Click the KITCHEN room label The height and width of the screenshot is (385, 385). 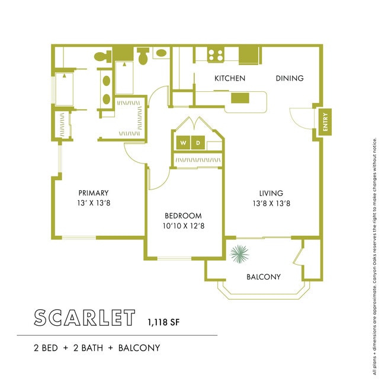[x=230, y=78]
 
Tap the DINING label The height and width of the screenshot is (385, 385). [x=289, y=78]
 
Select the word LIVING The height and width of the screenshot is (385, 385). [x=271, y=193]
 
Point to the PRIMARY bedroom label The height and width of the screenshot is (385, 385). [x=94, y=192]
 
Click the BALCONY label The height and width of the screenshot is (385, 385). [x=263, y=277]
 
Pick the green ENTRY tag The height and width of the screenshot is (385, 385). [x=324, y=123]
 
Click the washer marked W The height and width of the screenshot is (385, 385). [x=182, y=143]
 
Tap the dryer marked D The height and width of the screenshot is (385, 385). [x=199, y=143]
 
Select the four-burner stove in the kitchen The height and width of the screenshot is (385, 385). [x=216, y=55]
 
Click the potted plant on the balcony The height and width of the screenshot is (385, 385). [x=240, y=255]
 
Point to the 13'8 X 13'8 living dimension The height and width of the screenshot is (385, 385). [x=271, y=203]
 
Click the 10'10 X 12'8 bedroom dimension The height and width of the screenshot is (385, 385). [x=182, y=226]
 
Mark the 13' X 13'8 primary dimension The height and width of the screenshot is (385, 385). [x=94, y=203]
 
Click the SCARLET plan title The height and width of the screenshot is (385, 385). [x=84, y=317]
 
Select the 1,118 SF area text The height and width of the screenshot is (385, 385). [x=164, y=323]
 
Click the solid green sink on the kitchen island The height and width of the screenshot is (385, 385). [x=241, y=98]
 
